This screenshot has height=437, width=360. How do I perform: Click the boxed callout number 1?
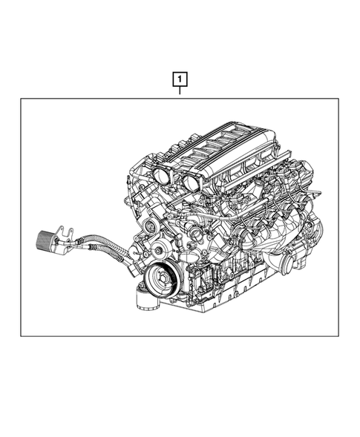(x=179, y=77)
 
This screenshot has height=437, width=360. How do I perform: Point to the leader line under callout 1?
(x=179, y=91)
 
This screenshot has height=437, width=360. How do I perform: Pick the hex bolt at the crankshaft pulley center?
(x=160, y=280)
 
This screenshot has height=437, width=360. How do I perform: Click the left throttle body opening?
(x=162, y=176)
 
